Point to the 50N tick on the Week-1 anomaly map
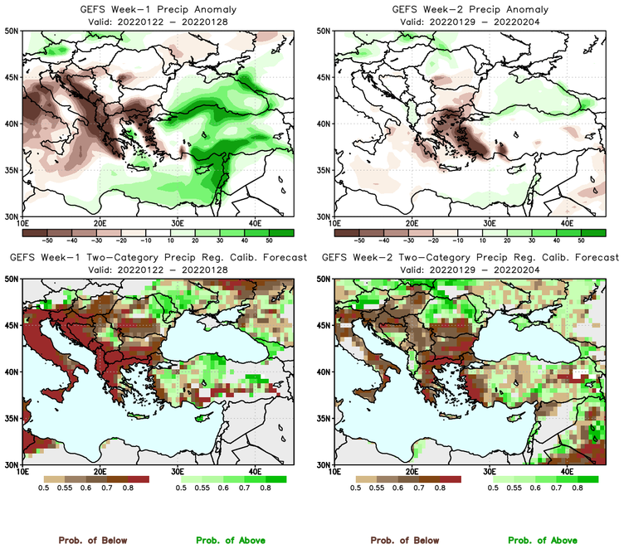coord(12,31)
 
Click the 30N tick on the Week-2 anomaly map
coord(324,216)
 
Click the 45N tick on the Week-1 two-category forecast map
coord(12,326)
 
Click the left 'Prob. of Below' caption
coord(92,541)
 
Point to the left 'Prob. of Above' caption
coord(229,541)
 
